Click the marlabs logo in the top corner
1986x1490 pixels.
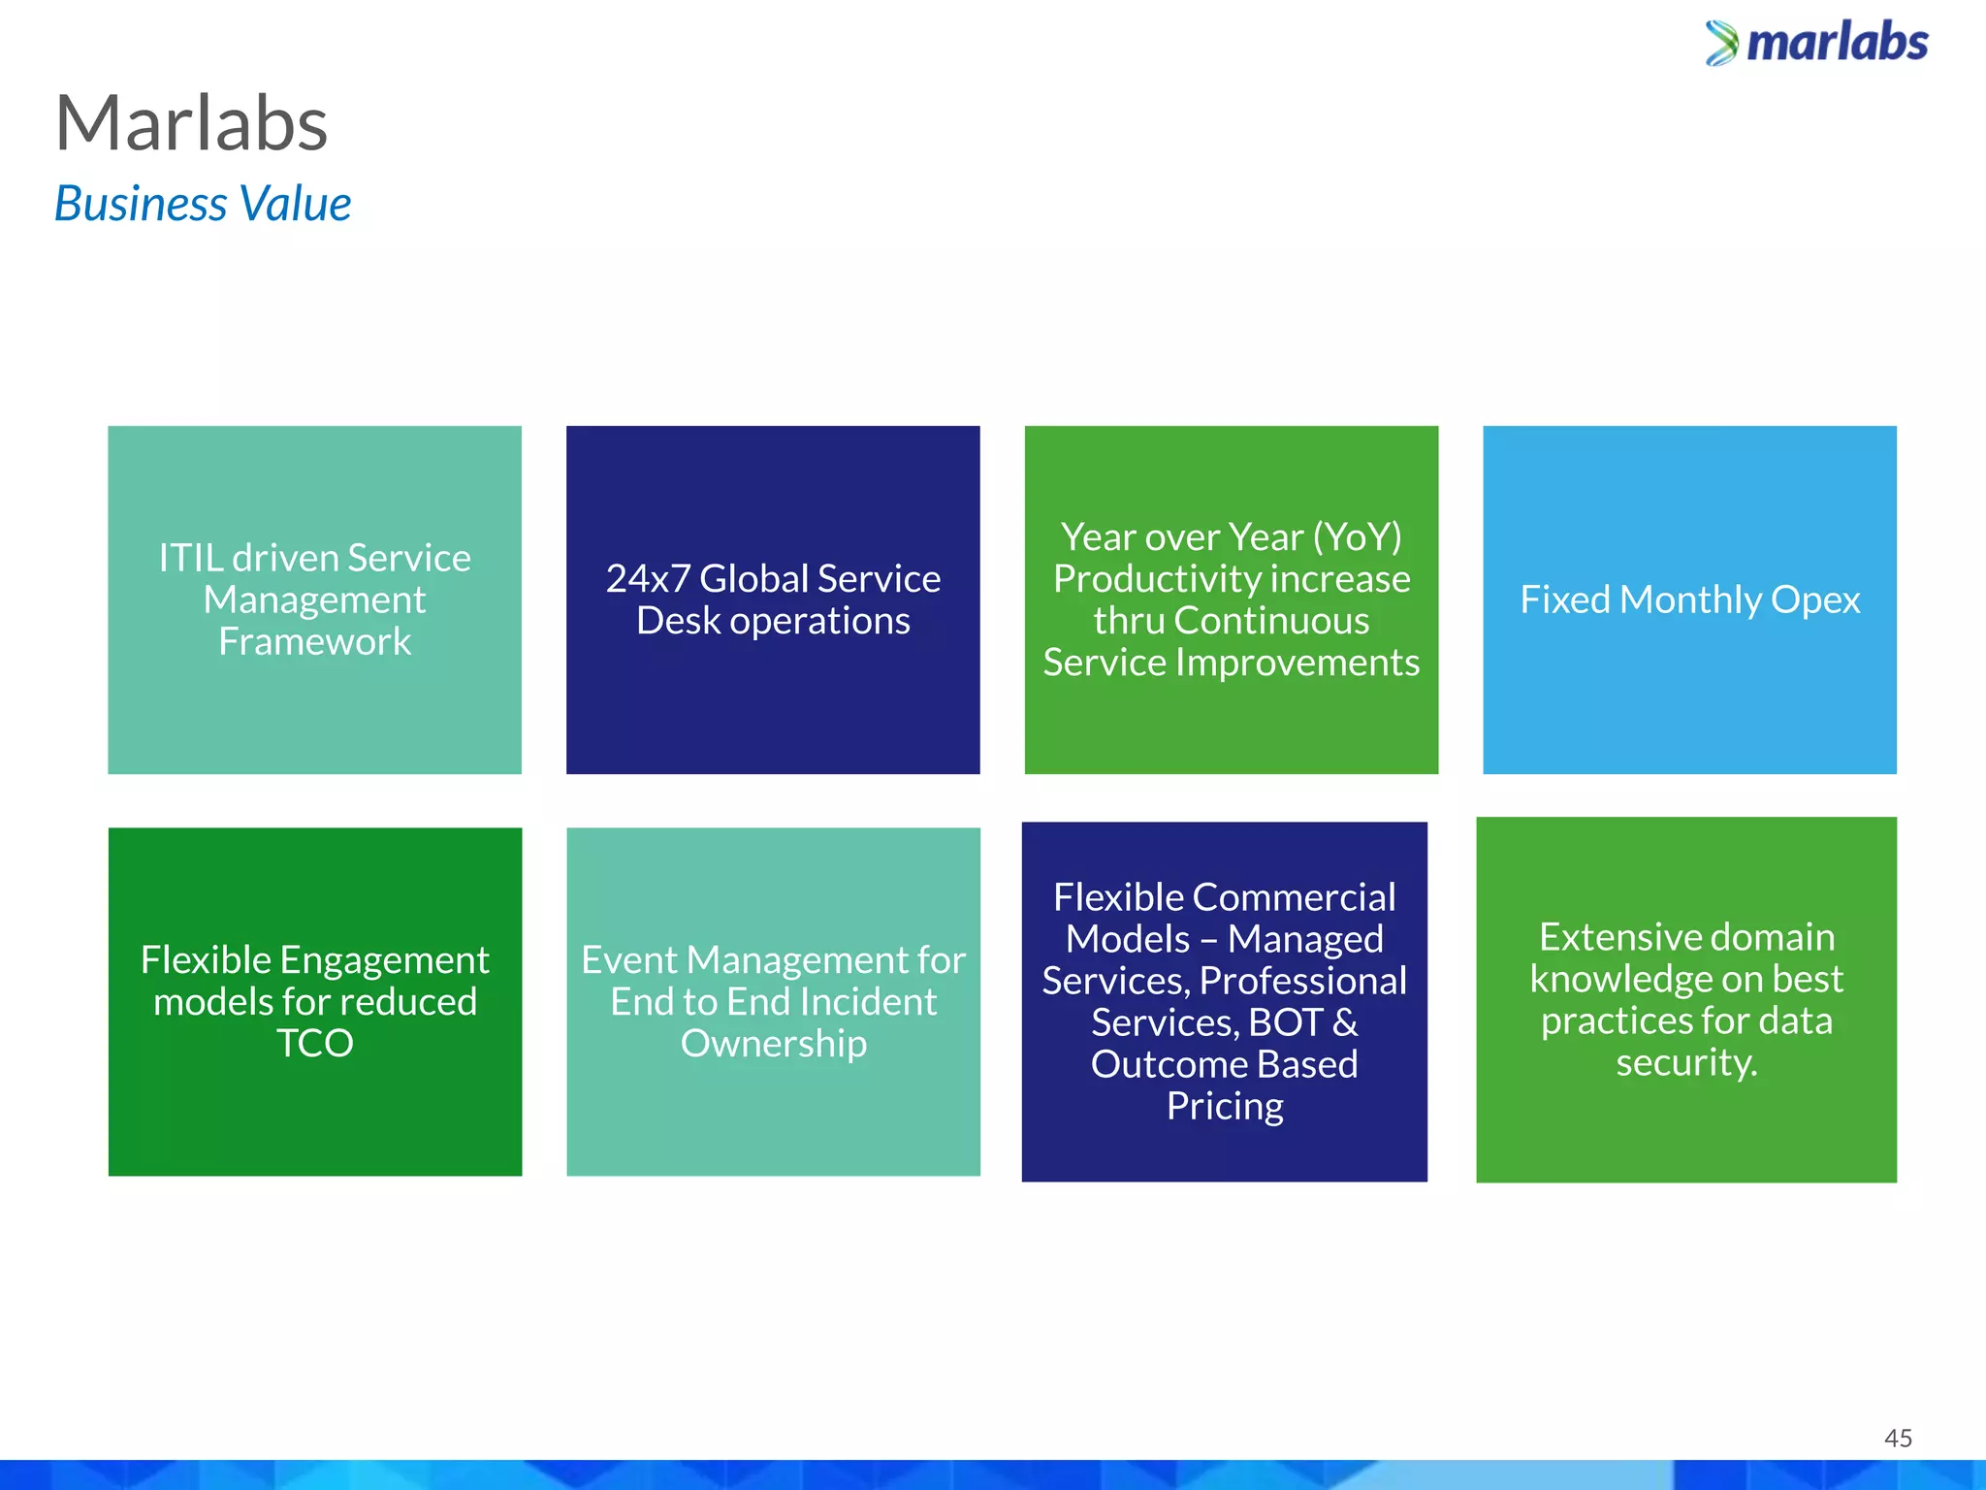1816,44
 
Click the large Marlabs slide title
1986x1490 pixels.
192,124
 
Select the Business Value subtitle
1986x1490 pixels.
203,204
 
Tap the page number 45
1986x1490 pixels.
1898,1438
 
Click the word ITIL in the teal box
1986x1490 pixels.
191,558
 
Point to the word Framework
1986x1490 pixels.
315,641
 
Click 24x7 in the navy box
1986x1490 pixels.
648,579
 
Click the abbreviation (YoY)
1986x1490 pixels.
1357,537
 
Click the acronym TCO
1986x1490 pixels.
315,1044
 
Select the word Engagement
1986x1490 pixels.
385,960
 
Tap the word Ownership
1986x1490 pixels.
774,1044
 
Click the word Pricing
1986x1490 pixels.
1225,1106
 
